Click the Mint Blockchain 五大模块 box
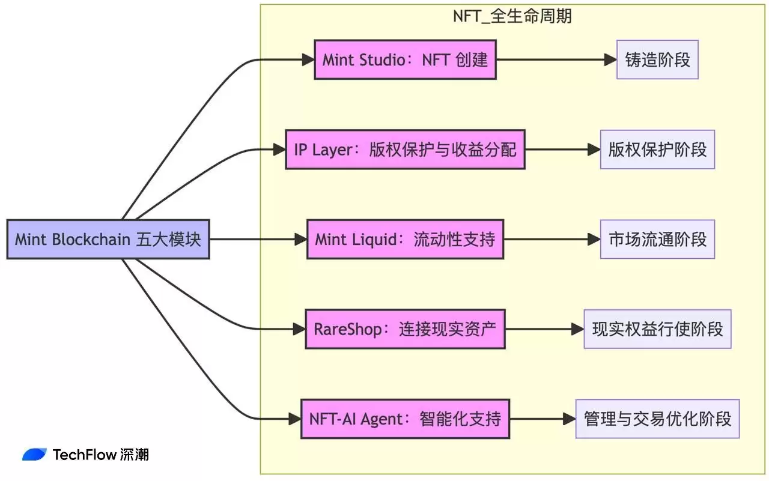tap(108, 240)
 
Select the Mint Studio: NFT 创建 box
tap(405, 60)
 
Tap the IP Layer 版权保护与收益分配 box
tap(405, 150)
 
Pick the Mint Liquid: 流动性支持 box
tap(405, 240)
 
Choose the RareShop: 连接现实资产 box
tap(405, 329)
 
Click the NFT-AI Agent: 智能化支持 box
tap(405, 419)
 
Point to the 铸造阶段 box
tap(657, 60)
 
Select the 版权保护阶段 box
tap(657, 150)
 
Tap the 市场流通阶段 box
tap(657, 240)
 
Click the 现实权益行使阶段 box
tap(657, 329)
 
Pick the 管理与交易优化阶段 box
tap(657, 419)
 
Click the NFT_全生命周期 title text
tap(512, 16)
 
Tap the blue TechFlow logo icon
tap(34, 455)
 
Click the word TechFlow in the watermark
tap(84, 455)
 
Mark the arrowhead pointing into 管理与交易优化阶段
tap(569, 419)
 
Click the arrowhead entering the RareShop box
tap(299, 329)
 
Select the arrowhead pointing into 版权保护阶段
tap(594, 150)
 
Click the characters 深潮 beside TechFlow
tap(134, 455)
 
